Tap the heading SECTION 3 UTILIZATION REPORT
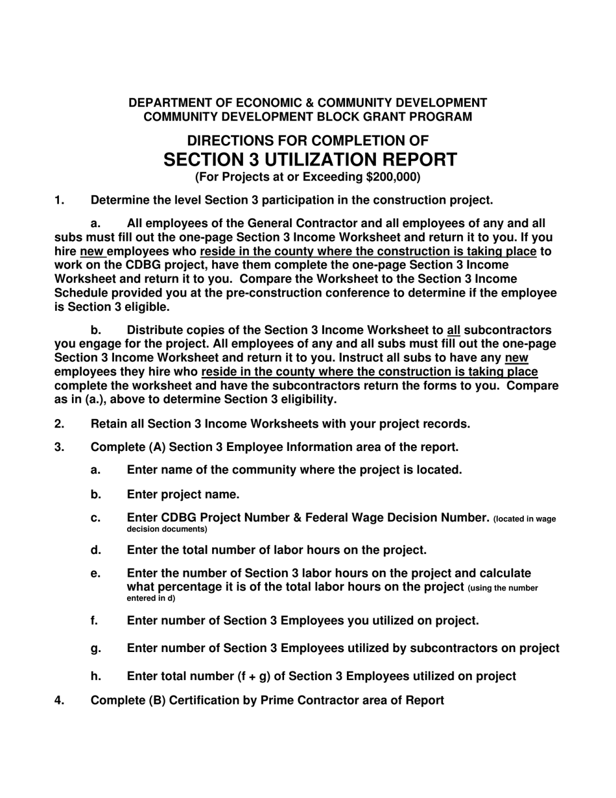coord(310,160)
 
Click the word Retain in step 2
coord(109,424)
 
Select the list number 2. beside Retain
coord(60,424)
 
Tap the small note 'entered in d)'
coord(150,598)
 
